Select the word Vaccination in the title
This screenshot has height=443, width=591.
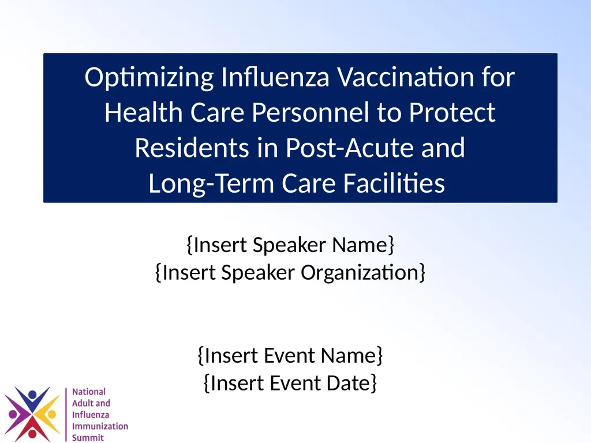coord(403,77)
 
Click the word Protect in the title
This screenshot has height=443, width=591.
coord(452,113)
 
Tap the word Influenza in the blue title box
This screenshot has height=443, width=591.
coord(271,77)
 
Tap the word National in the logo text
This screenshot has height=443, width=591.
coord(89,392)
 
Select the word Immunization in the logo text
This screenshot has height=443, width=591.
coord(100,426)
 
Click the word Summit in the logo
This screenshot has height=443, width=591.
coord(88,438)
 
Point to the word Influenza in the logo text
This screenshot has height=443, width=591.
coord(91,415)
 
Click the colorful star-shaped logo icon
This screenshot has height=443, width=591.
coord(32,414)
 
